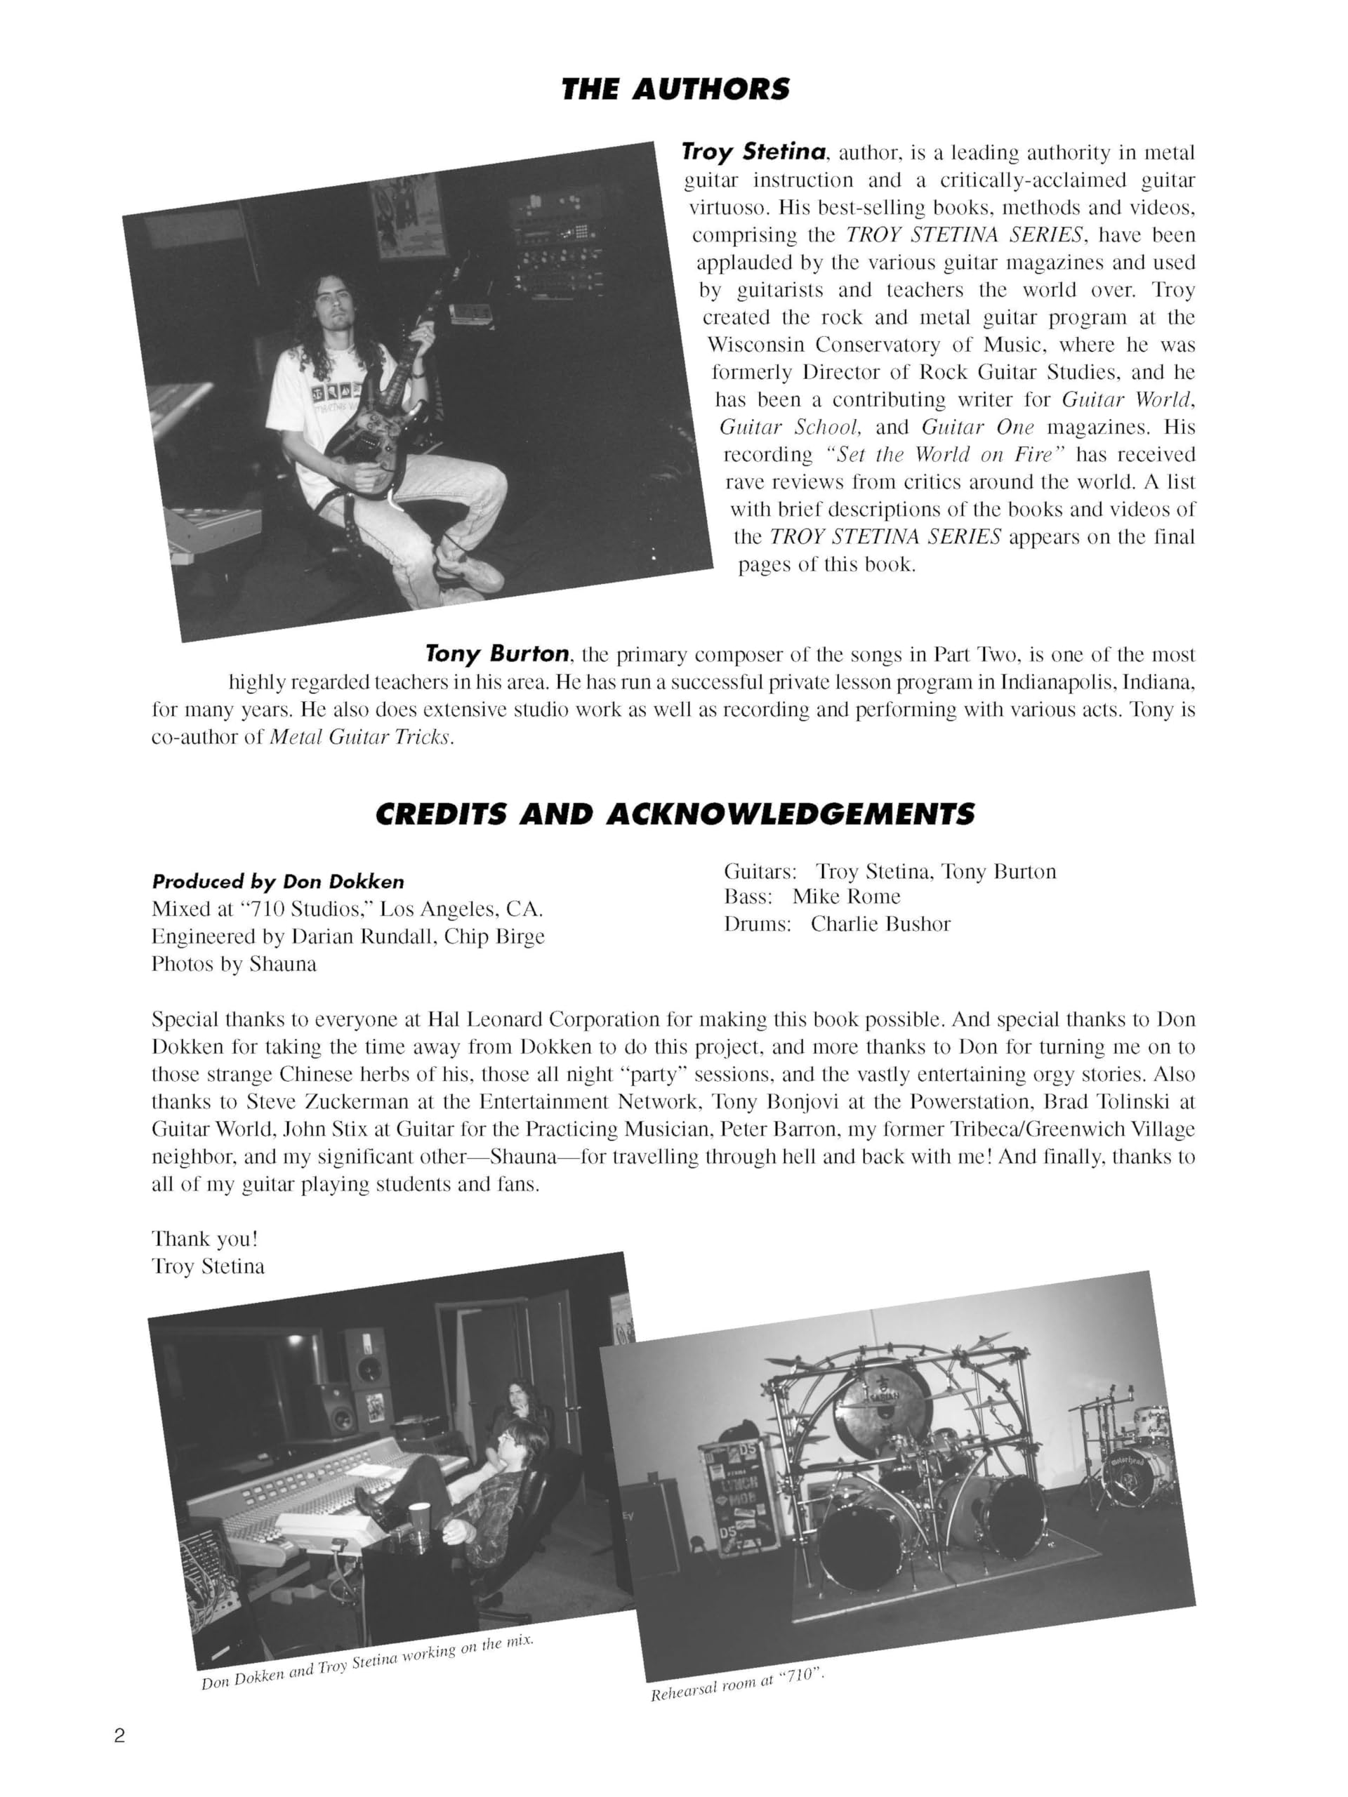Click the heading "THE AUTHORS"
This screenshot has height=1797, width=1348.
pyautogui.click(x=675, y=88)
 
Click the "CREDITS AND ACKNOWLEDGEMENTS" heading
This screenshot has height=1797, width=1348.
pyautogui.click(x=675, y=814)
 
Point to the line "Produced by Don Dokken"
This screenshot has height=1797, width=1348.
pyautogui.click(x=278, y=882)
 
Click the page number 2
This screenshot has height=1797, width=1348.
pyautogui.click(x=119, y=1736)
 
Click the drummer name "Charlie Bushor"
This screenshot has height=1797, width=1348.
pyautogui.click(x=880, y=924)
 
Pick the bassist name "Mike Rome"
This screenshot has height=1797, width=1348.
pyautogui.click(x=846, y=896)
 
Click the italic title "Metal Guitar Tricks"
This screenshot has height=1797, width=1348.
pyautogui.click(x=360, y=738)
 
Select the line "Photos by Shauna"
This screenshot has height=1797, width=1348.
pyautogui.click(x=234, y=964)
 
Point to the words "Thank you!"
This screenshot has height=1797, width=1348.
pyautogui.click(x=205, y=1239)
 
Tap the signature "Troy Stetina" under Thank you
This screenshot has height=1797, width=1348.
pyautogui.click(x=208, y=1266)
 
